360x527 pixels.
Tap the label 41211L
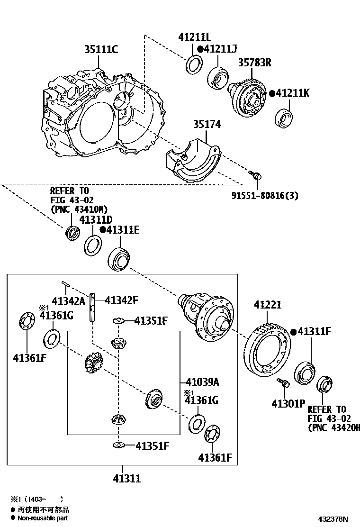[195, 37]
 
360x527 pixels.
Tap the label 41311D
[96, 220]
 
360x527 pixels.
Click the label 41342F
[121, 300]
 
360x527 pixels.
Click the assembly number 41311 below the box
[126, 479]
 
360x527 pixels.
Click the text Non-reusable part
[43, 518]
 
